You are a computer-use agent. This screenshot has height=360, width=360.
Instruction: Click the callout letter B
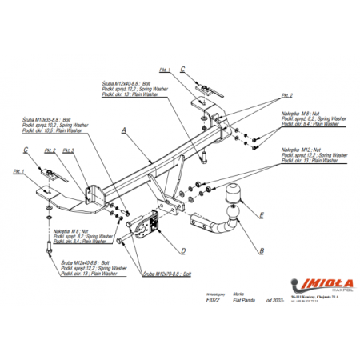(261, 250)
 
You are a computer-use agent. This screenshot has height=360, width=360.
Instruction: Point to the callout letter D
(183, 250)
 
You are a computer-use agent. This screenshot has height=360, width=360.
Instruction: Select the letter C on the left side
(25, 150)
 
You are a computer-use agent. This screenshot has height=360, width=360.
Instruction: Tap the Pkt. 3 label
(69, 150)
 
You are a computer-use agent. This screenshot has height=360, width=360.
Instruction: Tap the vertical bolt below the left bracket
(50, 251)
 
